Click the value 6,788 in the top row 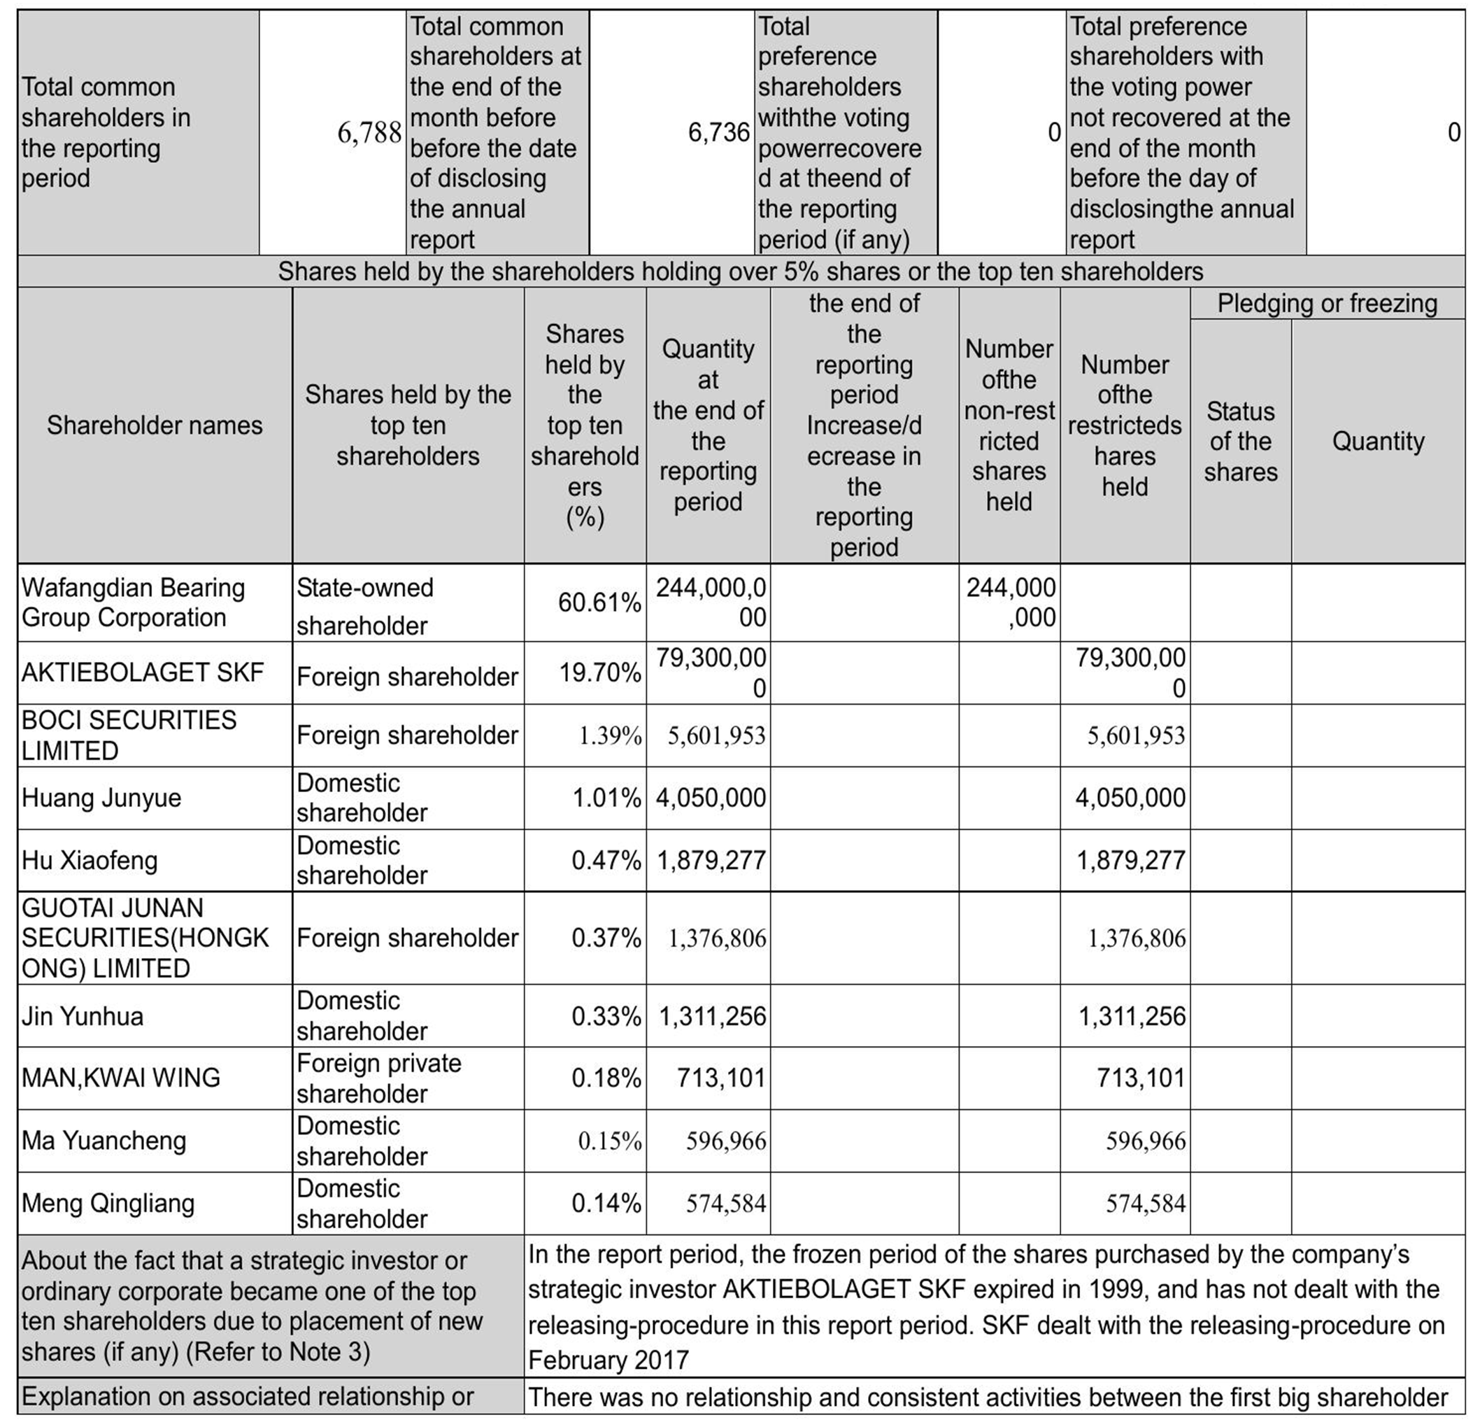click(369, 133)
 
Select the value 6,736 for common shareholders click(718, 133)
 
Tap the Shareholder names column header click(154, 425)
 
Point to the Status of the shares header click(1240, 442)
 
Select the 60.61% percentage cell click(599, 603)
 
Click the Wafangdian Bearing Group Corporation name click(133, 603)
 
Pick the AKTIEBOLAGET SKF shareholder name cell click(142, 673)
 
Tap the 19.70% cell click(599, 673)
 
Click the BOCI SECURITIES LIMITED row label click(129, 735)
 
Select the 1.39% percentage click(609, 735)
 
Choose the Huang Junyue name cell click(101, 797)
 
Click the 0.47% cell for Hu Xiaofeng click(606, 860)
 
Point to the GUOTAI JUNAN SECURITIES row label click(144, 938)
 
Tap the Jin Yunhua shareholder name click(82, 1016)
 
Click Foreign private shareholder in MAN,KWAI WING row click(379, 1078)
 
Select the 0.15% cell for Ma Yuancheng click(609, 1141)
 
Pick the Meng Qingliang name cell click(108, 1203)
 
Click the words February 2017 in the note click(608, 1360)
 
